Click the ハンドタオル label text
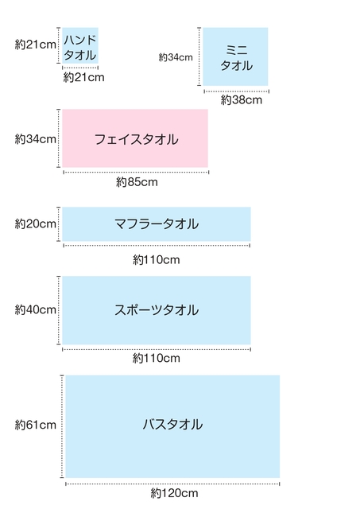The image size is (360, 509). point(80,48)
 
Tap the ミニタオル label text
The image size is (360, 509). point(237,58)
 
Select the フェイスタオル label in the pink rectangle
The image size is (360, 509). point(136,139)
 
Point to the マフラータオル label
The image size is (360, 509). point(157,224)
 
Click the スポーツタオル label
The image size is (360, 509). point(157,309)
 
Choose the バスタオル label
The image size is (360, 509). point(173,424)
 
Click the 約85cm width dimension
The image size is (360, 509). point(137,182)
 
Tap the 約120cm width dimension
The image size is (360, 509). point(174,493)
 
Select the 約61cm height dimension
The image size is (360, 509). point(35,425)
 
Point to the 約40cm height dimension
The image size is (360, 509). point(35,309)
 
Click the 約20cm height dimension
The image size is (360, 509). point(35,223)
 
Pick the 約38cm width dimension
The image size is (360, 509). point(242,99)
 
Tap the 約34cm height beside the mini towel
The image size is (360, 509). point(176,57)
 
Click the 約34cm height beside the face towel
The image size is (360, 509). point(35,139)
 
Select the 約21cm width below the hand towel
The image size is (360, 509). point(83,77)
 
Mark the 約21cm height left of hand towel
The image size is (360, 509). point(35,45)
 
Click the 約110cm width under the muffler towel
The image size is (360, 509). point(157,260)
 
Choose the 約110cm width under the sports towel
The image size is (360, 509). point(157,358)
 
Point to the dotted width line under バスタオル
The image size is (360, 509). point(172,484)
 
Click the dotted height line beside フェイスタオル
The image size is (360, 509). point(59,138)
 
